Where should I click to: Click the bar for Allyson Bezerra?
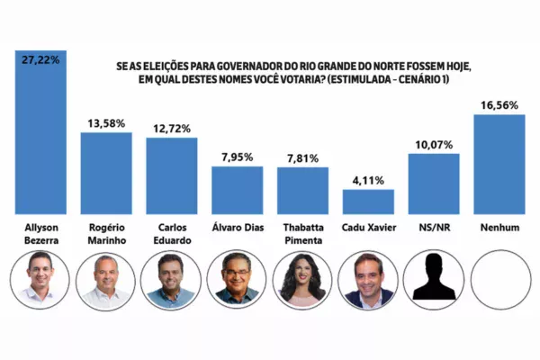click(x=40, y=130)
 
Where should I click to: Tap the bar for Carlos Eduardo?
click(x=171, y=175)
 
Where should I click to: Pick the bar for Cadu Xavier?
click(x=368, y=201)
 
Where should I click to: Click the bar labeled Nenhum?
click(x=499, y=163)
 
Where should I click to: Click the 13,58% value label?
click(x=106, y=122)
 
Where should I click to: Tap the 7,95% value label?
click(x=237, y=157)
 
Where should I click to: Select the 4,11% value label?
click(x=368, y=179)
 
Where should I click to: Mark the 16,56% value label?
click(x=499, y=104)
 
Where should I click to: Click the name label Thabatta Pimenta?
click(x=302, y=236)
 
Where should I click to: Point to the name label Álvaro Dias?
click(x=237, y=229)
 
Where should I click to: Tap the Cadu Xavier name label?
click(x=368, y=229)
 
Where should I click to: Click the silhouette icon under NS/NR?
click(x=434, y=281)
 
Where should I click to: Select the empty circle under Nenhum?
click(x=499, y=281)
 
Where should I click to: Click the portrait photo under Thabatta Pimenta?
click(x=302, y=281)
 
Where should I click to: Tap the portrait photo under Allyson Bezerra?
click(x=40, y=281)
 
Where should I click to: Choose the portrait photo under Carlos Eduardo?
click(x=171, y=281)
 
